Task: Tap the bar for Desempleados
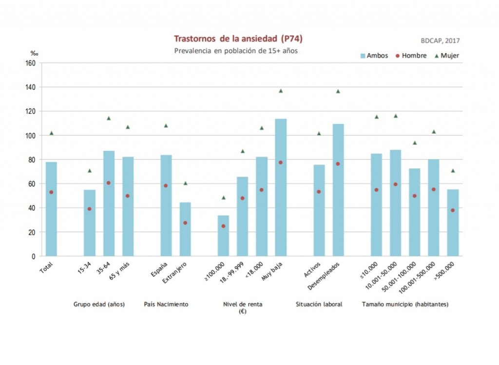click(x=338, y=190)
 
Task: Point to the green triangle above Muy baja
click(x=281, y=91)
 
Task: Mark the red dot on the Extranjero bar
click(x=185, y=223)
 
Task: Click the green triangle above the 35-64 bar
click(x=109, y=118)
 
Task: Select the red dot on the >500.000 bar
click(x=453, y=210)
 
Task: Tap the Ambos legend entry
click(x=374, y=56)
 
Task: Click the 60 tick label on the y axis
click(x=32, y=183)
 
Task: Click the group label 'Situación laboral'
click(x=319, y=304)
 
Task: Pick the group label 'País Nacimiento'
click(x=166, y=304)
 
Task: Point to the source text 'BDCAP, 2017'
click(x=440, y=41)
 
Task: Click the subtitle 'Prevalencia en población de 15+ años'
click(x=236, y=50)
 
